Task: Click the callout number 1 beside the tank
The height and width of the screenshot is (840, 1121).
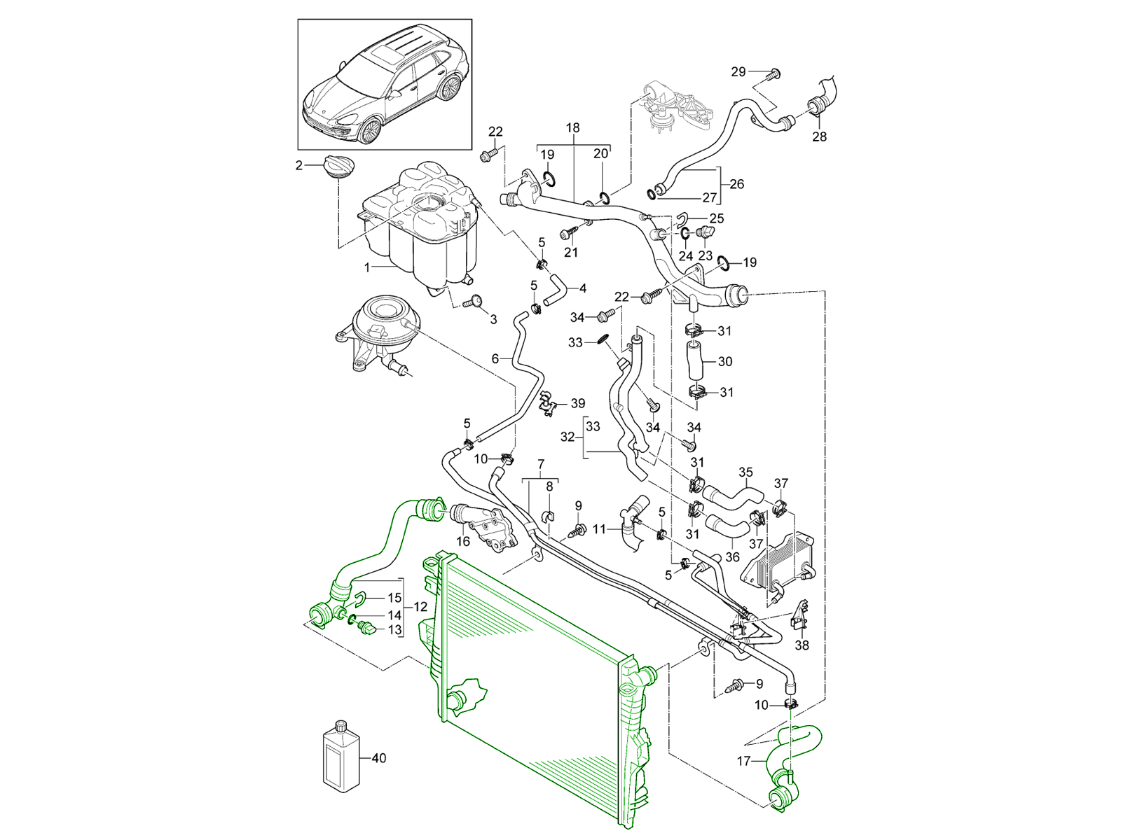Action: pos(366,267)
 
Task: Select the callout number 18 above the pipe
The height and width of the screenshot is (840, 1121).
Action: pos(573,128)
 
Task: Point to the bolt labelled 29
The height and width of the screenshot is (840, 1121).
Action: pos(774,73)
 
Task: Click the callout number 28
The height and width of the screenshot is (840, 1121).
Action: pos(819,136)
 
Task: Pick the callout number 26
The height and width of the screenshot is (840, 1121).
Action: pos(736,184)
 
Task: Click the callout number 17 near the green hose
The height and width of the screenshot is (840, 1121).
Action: pos(744,761)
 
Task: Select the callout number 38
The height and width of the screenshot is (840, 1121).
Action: pos(802,645)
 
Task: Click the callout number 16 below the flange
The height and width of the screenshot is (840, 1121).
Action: pos(463,541)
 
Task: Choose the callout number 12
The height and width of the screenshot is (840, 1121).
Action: pos(420,606)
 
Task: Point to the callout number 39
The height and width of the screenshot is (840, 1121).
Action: pos(578,403)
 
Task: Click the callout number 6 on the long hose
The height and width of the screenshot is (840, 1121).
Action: pos(495,358)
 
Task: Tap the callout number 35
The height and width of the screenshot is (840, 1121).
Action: pos(745,472)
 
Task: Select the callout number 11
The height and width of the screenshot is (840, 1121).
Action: pos(599,530)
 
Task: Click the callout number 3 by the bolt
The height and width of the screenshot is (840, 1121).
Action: pos(493,319)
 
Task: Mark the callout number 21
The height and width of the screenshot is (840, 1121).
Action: pos(571,252)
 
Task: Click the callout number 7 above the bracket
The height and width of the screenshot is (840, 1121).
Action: pos(540,464)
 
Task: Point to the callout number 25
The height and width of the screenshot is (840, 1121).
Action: pos(716,219)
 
